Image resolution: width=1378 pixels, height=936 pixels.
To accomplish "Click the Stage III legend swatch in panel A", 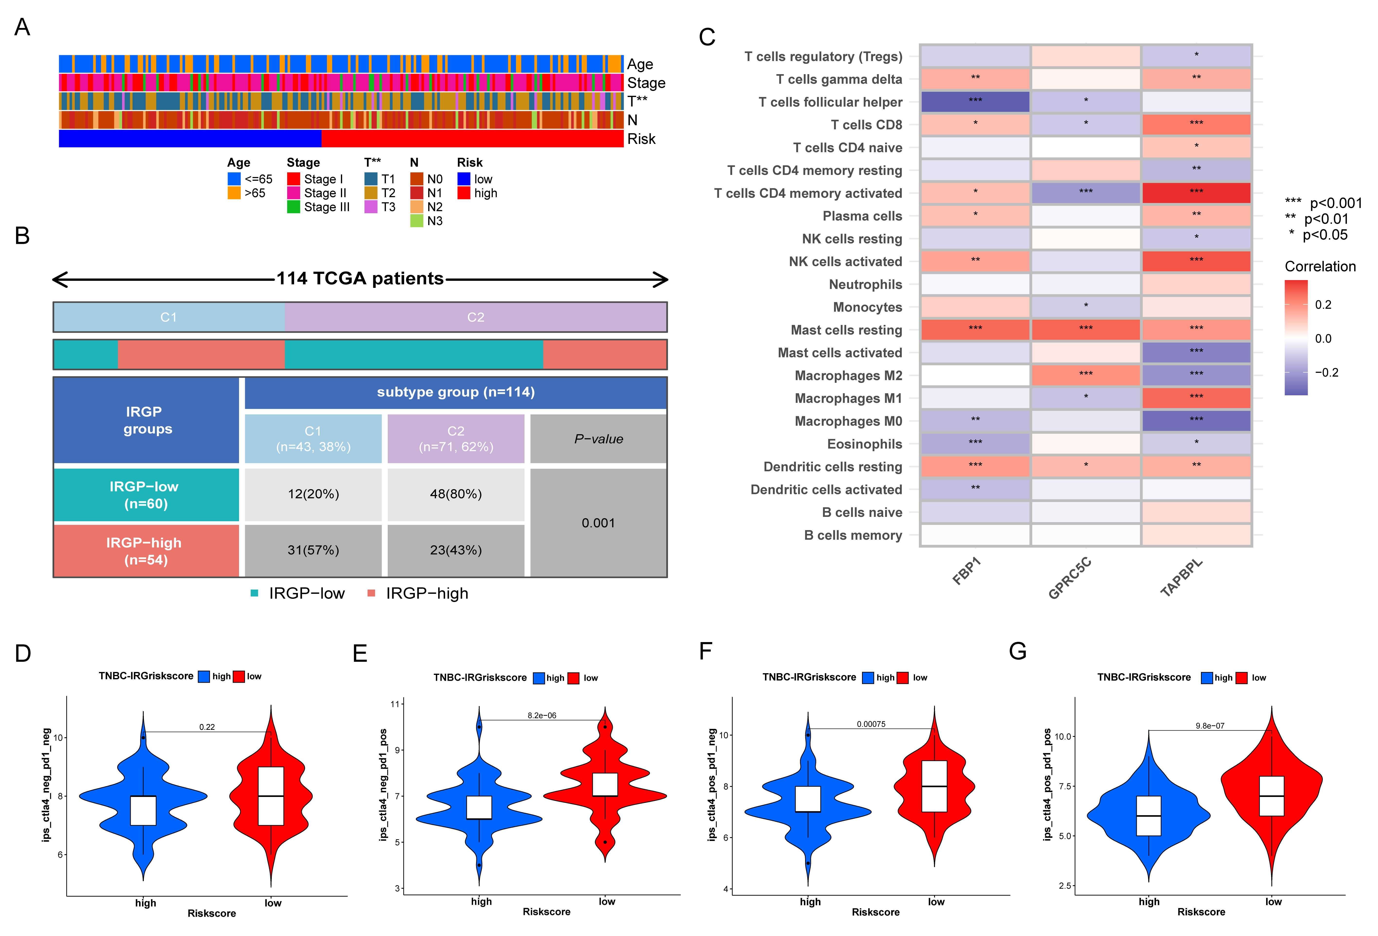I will [x=293, y=207].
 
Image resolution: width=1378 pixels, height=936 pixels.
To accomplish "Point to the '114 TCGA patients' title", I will [x=360, y=279].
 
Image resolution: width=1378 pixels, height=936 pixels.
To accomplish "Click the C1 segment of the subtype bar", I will [x=169, y=317].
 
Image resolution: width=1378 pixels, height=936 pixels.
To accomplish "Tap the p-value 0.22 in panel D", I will [x=207, y=727].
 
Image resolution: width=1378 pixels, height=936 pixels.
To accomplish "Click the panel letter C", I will [x=707, y=37].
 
